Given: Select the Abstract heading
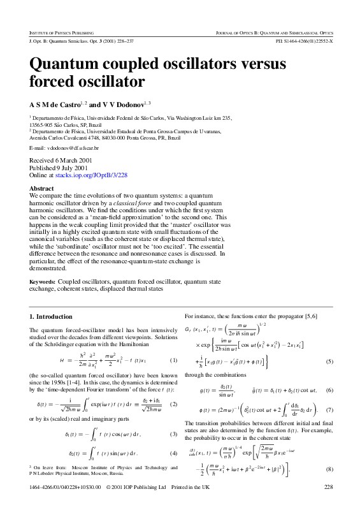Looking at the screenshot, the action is [42, 188].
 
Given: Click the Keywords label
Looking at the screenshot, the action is [43, 280].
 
